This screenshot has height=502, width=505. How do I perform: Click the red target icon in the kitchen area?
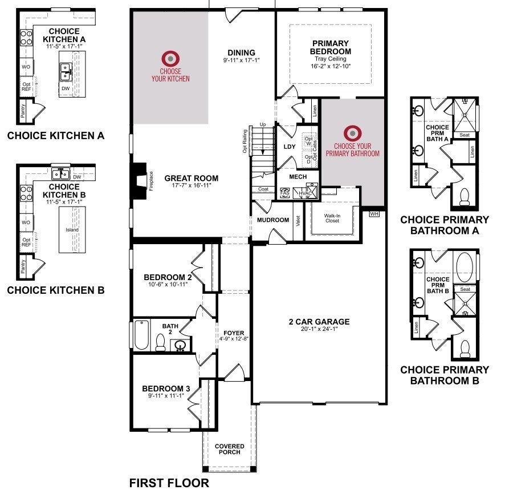click(170, 58)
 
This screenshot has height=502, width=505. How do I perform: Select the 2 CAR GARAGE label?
click(319, 322)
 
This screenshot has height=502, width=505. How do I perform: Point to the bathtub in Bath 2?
click(141, 335)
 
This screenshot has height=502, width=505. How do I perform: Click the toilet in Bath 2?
click(161, 341)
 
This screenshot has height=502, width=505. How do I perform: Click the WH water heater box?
click(374, 214)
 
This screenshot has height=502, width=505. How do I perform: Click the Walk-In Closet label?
click(332, 219)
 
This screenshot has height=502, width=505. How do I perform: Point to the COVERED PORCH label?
click(230, 449)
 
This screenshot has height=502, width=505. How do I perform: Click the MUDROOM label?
click(273, 220)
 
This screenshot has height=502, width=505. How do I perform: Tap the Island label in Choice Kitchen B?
click(72, 229)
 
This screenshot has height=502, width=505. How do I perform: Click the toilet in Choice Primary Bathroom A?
click(464, 196)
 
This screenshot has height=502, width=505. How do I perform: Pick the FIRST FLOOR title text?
click(169, 484)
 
